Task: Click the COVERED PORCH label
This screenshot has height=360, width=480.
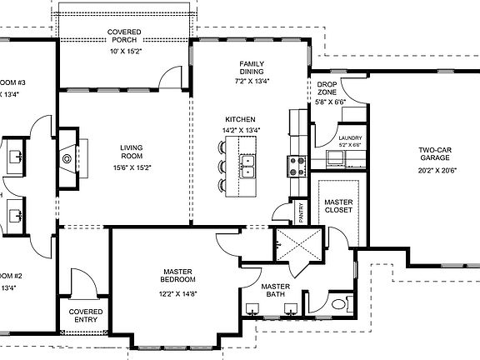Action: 124,37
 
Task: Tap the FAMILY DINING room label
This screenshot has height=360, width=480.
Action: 252,67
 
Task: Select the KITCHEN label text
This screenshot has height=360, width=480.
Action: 240,119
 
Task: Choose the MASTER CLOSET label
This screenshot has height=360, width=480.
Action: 338,205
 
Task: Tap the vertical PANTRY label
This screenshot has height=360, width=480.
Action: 300,211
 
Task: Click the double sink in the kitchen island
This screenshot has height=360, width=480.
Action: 247,166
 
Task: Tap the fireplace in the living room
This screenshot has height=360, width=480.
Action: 65,155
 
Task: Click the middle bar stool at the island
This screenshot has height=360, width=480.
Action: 222,166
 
